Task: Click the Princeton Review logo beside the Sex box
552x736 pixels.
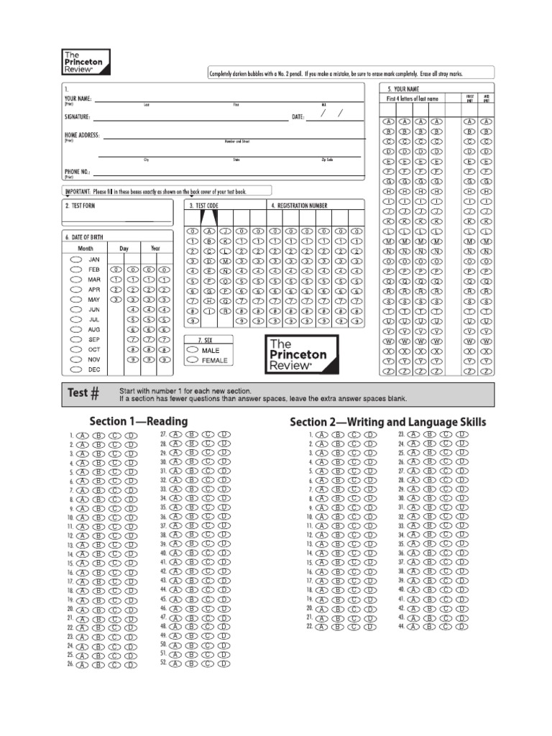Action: click(x=301, y=354)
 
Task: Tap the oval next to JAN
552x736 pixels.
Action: click(x=76, y=259)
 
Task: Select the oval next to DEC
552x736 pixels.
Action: click(x=76, y=369)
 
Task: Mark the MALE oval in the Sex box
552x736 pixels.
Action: click(x=193, y=350)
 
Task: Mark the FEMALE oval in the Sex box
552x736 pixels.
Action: click(x=193, y=360)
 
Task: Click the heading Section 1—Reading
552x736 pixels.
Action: click(x=139, y=421)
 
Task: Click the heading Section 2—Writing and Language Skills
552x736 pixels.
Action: click(x=387, y=421)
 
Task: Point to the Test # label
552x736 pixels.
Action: click(x=83, y=393)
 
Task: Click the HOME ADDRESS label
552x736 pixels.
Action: click(x=82, y=135)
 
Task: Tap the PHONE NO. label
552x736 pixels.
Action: click(x=78, y=172)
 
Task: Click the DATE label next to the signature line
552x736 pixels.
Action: click(x=298, y=116)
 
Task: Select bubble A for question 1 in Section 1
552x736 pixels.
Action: click(x=81, y=436)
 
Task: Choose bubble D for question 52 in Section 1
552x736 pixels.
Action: click(x=225, y=663)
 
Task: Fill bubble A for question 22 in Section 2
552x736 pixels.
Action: click(x=320, y=627)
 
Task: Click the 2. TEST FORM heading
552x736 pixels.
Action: click(x=80, y=206)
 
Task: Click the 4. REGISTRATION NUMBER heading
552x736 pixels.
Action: click(x=298, y=206)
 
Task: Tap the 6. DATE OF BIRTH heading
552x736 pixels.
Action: click(x=86, y=236)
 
